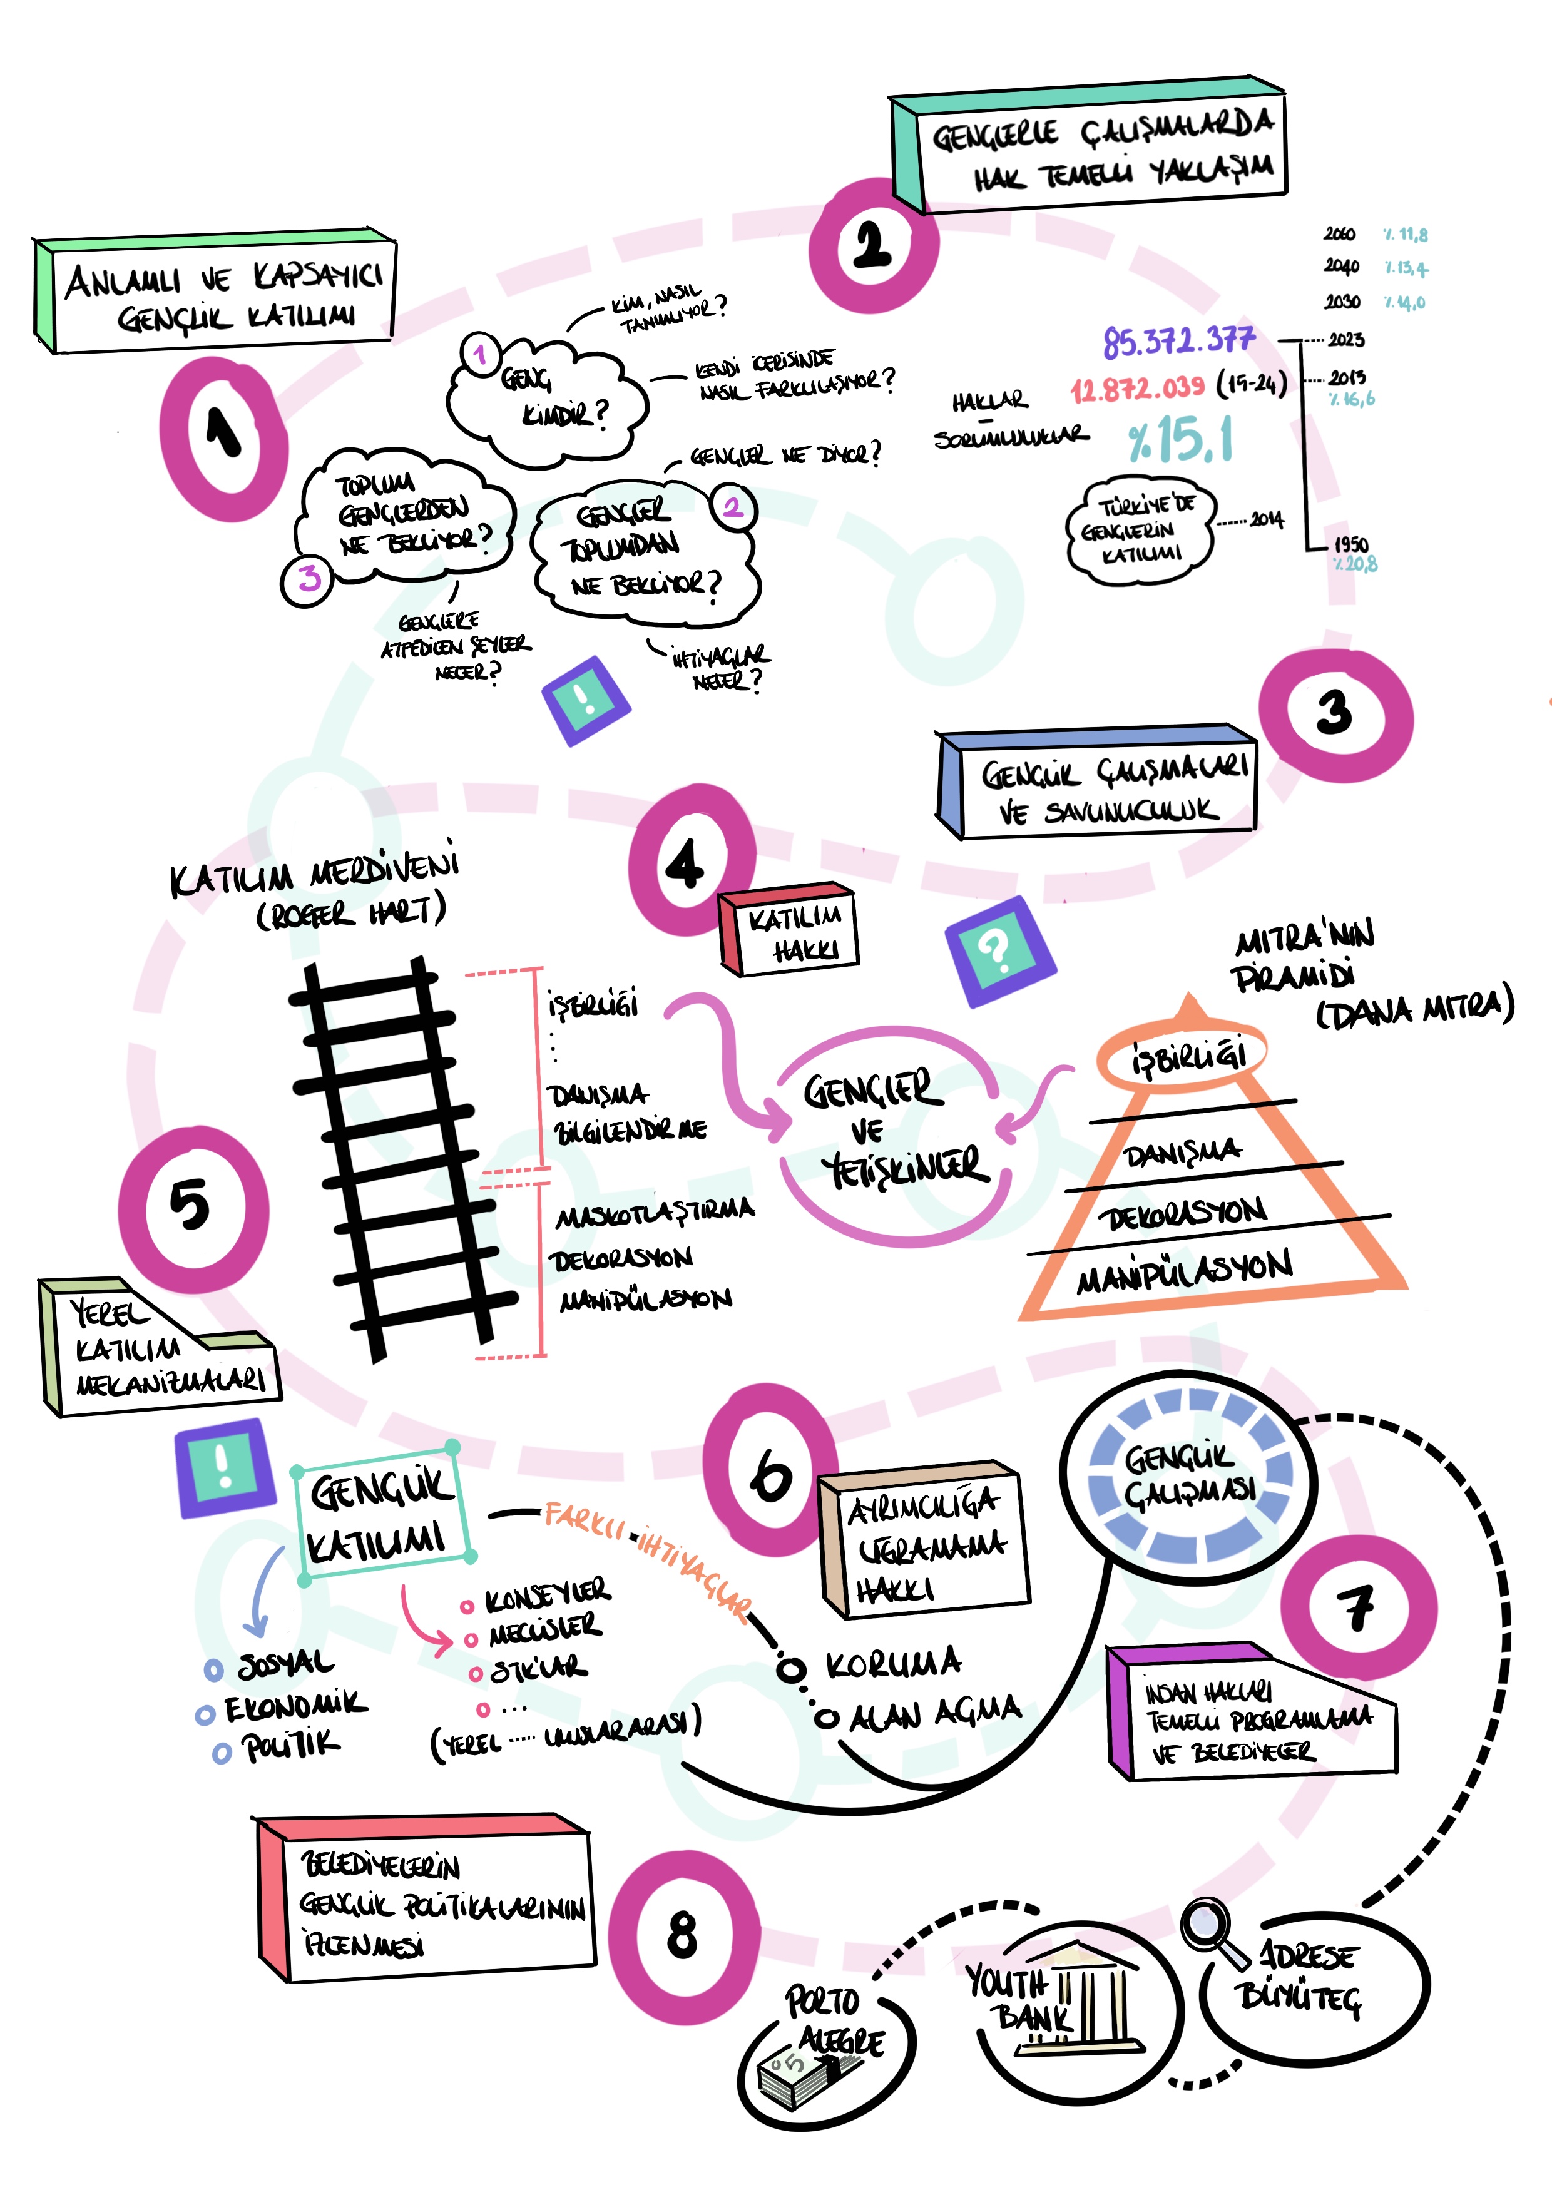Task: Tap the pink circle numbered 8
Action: pyautogui.click(x=683, y=1936)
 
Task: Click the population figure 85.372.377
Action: pyautogui.click(x=1178, y=340)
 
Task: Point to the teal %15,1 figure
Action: pyautogui.click(x=1180, y=441)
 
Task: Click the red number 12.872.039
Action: pyautogui.click(x=1137, y=388)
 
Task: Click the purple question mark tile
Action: pyautogui.click(x=1000, y=951)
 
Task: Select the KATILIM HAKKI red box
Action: pyautogui.click(x=792, y=932)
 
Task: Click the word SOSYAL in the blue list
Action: pyautogui.click(x=285, y=1664)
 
